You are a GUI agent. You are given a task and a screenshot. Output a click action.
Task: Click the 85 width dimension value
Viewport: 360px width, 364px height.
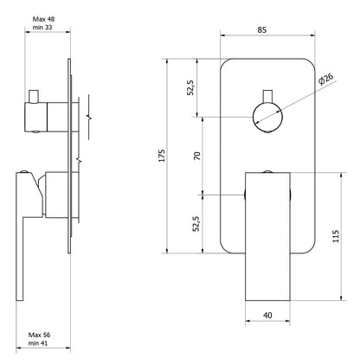click(262, 29)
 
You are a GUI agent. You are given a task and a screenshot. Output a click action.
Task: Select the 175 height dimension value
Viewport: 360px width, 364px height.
click(163, 156)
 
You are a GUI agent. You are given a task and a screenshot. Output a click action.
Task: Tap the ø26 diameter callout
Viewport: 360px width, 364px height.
click(326, 79)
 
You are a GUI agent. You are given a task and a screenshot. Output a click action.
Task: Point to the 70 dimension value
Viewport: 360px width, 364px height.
click(197, 156)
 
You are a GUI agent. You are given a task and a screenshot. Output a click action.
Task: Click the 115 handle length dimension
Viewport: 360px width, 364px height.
click(336, 236)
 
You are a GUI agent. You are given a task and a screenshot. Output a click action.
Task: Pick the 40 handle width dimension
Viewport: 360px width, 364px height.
click(267, 316)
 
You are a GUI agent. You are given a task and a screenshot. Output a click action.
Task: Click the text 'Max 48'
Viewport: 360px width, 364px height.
click(43, 19)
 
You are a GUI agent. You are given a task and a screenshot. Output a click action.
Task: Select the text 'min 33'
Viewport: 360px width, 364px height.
click(42, 28)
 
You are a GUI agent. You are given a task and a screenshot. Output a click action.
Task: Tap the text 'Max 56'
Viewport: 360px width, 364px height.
click(39, 335)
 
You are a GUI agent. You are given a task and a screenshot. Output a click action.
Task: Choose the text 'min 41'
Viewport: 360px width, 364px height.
click(38, 343)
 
